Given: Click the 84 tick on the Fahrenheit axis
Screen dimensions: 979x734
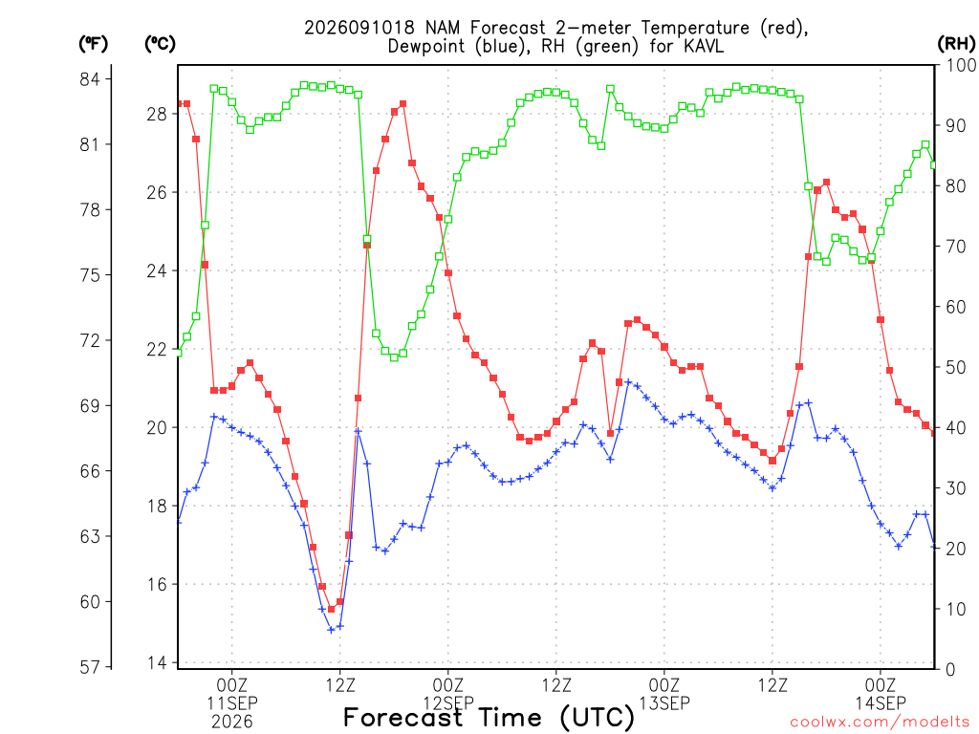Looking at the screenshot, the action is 90,79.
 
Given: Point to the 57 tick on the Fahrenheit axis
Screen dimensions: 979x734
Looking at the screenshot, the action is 90,667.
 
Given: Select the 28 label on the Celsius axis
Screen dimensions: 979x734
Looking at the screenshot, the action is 158,115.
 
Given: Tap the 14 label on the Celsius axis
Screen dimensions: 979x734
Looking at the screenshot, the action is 158,663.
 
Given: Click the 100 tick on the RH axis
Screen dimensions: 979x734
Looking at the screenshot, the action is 961,65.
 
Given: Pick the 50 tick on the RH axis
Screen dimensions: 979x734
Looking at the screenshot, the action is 956,367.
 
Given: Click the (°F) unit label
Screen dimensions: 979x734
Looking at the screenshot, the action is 93,44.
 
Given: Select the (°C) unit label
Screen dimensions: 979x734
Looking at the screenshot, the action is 160,44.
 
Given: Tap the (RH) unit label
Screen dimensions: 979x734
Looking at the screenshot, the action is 956,44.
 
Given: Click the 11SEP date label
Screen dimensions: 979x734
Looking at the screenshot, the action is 232,702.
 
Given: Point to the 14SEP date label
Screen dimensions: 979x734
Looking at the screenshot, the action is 881,702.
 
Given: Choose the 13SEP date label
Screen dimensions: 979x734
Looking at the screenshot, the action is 664,702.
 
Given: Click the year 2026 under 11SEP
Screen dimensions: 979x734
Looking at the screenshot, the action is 232,722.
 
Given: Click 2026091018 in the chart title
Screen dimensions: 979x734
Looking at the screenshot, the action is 359,28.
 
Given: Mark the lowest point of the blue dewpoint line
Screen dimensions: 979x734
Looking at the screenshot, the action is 331,630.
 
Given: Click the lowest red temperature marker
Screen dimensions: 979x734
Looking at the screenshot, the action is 331,609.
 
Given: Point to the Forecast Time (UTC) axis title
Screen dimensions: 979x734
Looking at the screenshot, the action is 489,718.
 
